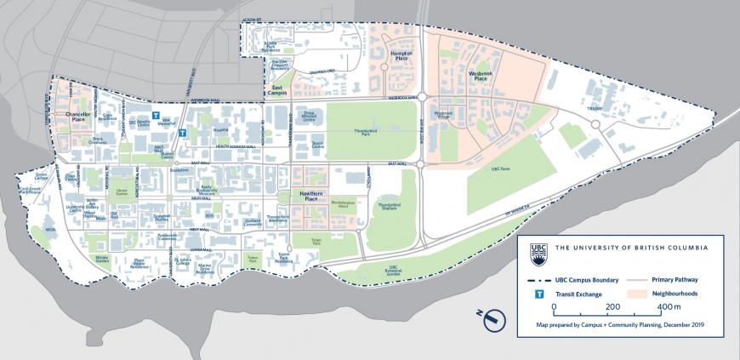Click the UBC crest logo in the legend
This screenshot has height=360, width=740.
click(x=537, y=249)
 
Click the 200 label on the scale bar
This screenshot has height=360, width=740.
click(x=611, y=306)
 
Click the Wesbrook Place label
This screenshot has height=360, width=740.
click(x=482, y=77)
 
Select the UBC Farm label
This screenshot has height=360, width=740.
click(x=501, y=169)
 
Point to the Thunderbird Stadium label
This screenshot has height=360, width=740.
click(x=388, y=208)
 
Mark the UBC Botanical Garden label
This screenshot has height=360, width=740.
click(x=387, y=272)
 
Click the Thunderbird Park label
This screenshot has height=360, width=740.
click(x=366, y=134)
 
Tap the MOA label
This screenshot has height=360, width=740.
click(x=50, y=230)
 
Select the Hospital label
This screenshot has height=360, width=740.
click(x=220, y=130)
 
